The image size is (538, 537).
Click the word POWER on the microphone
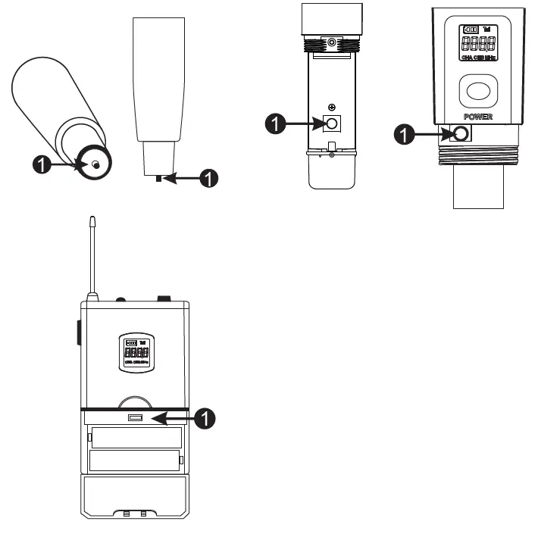click(477, 117)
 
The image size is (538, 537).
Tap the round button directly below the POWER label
click(458, 134)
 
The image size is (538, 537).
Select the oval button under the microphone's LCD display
click(478, 92)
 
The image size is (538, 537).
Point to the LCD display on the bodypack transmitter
click(136, 353)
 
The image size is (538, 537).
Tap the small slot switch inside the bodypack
click(136, 417)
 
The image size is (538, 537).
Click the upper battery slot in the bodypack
click(136, 438)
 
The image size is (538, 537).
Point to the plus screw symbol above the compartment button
click(332, 108)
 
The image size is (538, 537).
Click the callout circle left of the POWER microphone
click(407, 134)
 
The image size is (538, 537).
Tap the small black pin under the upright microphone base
click(157, 178)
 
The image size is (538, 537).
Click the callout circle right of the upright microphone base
click(208, 178)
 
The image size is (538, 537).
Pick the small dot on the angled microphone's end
click(95, 164)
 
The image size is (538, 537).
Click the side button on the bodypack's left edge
click(80, 333)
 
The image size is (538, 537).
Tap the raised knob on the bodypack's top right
click(163, 299)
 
